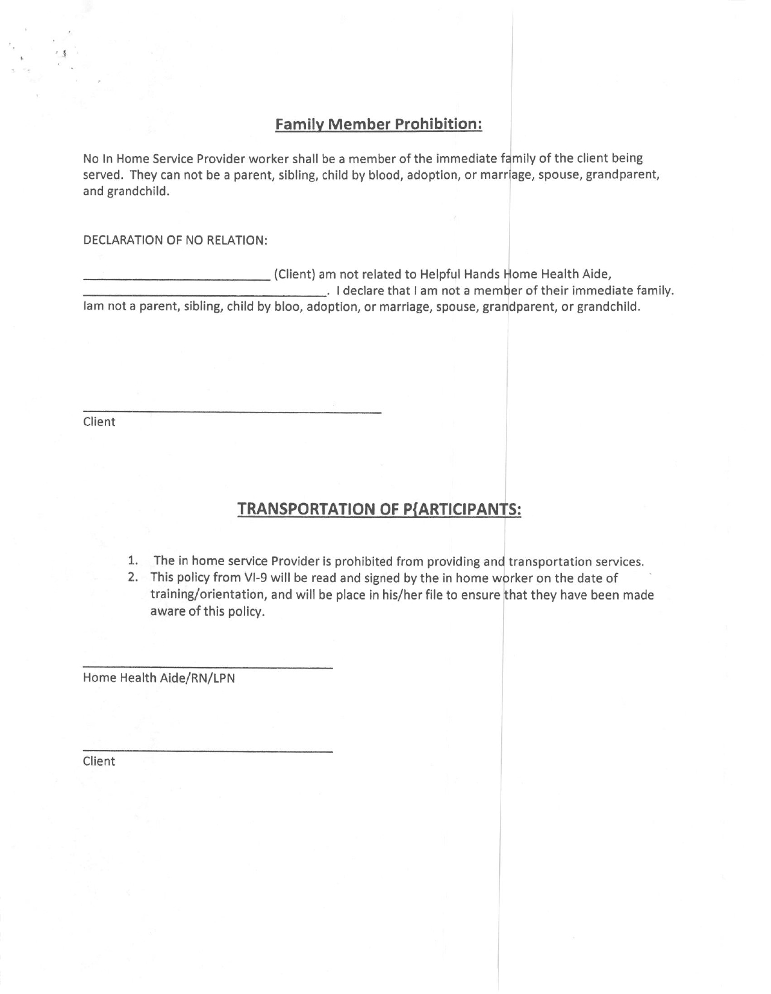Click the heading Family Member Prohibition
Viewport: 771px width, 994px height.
(x=379, y=124)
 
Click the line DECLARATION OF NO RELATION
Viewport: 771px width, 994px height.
(x=175, y=240)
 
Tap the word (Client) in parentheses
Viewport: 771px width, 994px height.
(x=295, y=275)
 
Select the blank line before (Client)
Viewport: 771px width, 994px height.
(x=176, y=279)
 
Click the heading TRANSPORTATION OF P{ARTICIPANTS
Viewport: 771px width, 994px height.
(x=379, y=510)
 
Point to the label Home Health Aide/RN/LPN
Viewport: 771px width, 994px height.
(x=159, y=678)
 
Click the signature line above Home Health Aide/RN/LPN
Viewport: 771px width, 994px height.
(x=207, y=667)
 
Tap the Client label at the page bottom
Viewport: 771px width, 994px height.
(x=99, y=761)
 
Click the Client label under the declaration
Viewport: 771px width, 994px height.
(x=99, y=422)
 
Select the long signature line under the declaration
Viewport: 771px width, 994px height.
(x=232, y=412)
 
